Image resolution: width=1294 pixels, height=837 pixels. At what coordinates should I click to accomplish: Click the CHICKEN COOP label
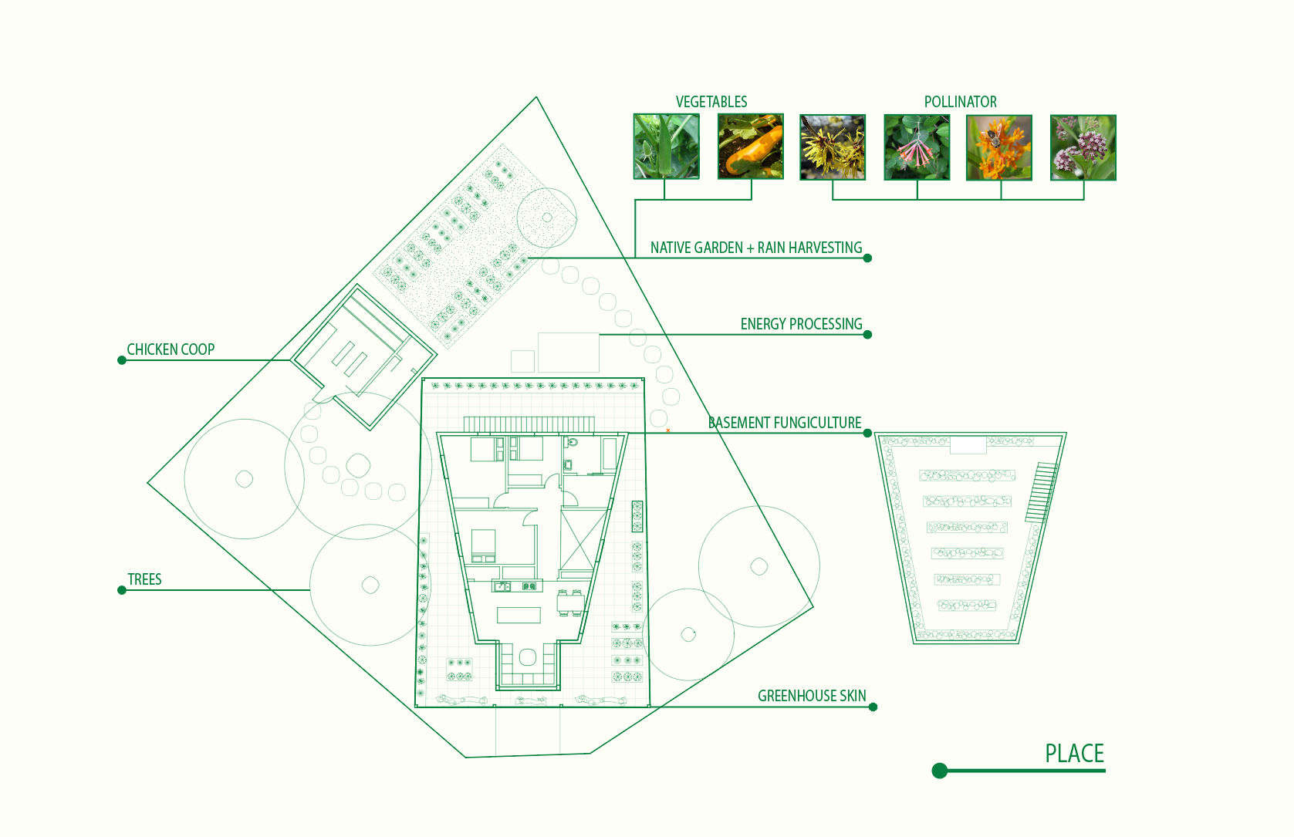point(171,349)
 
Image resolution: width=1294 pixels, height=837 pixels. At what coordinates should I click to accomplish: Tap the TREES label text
point(144,579)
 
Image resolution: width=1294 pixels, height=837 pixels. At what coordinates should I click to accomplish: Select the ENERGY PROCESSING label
point(801,324)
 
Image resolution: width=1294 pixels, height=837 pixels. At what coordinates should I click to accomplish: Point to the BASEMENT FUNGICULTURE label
point(785,423)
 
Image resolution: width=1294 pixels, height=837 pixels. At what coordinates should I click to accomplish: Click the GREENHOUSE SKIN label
point(812,696)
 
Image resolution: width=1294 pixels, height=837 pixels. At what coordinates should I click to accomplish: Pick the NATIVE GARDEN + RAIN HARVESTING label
point(756,248)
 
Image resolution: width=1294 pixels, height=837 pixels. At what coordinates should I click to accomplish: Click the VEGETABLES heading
point(711,102)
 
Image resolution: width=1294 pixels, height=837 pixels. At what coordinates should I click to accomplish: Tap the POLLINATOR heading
point(960,102)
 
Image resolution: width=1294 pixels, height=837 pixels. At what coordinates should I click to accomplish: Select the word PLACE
point(1074,753)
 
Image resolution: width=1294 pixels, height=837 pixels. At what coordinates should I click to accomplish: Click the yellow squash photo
point(750,147)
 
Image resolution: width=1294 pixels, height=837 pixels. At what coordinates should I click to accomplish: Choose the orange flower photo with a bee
point(998,147)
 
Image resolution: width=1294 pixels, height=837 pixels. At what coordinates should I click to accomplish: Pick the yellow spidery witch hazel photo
point(833,147)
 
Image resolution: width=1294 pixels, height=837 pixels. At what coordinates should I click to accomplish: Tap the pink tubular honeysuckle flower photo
point(917,147)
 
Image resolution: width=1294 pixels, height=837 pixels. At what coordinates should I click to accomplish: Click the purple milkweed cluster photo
point(1083,147)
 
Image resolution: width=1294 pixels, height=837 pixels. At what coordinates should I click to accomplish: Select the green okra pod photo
point(667,147)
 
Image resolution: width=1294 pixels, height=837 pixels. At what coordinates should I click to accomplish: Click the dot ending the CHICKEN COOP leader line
point(122,360)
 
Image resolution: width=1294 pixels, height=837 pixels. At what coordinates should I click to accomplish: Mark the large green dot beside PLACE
point(939,771)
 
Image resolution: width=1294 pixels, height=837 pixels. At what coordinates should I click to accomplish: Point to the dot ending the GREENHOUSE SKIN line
point(873,707)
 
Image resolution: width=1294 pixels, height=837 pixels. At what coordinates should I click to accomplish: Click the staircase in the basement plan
point(1041,492)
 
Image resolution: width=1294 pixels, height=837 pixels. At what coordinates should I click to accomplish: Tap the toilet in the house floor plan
point(572,443)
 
